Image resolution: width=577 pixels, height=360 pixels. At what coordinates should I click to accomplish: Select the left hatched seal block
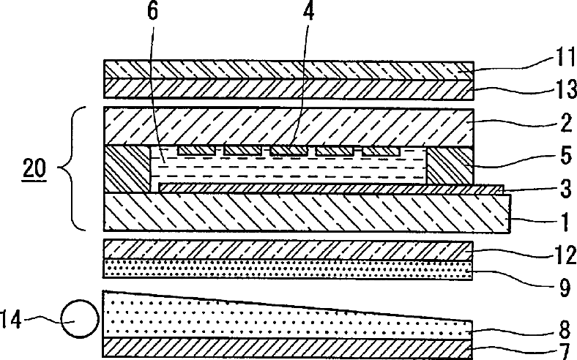(127, 170)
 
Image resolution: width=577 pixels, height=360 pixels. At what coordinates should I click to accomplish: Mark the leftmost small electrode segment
(196, 150)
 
